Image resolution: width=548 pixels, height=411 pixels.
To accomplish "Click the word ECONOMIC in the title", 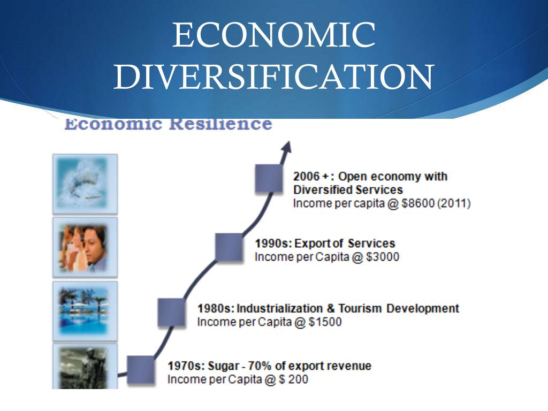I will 273,35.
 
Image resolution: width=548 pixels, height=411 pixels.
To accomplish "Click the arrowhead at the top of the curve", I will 287,147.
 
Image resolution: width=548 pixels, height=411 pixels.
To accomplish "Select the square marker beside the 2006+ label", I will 269,179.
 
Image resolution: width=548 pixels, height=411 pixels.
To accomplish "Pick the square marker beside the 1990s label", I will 229,247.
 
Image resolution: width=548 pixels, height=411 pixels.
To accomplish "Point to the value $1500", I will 325,322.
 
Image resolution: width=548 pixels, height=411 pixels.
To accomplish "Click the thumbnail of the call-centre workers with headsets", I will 85,247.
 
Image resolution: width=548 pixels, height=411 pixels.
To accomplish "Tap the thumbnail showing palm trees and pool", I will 85,311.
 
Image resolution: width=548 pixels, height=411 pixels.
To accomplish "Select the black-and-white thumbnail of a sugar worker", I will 85,367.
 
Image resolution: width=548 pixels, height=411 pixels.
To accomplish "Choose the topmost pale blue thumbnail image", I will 85,184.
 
